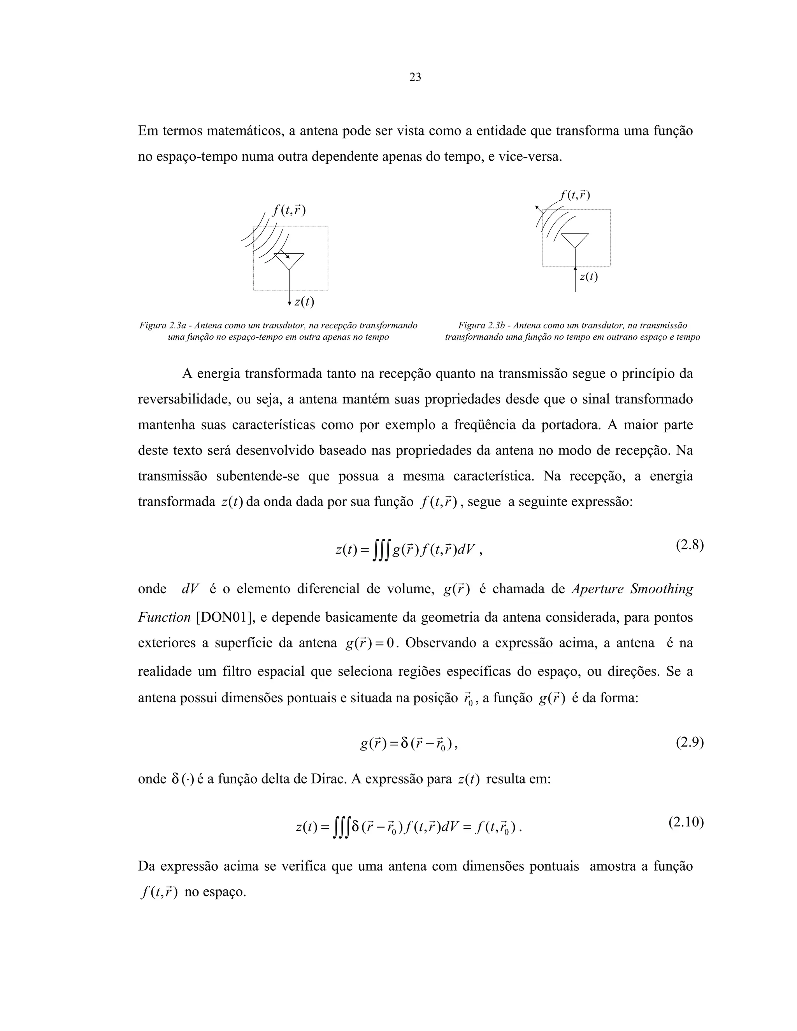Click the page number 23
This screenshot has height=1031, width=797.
click(415, 77)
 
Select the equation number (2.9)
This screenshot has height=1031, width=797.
click(689, 743)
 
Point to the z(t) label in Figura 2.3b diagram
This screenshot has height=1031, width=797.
click(588, 277)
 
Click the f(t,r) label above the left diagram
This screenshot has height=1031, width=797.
click(289, 210)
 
